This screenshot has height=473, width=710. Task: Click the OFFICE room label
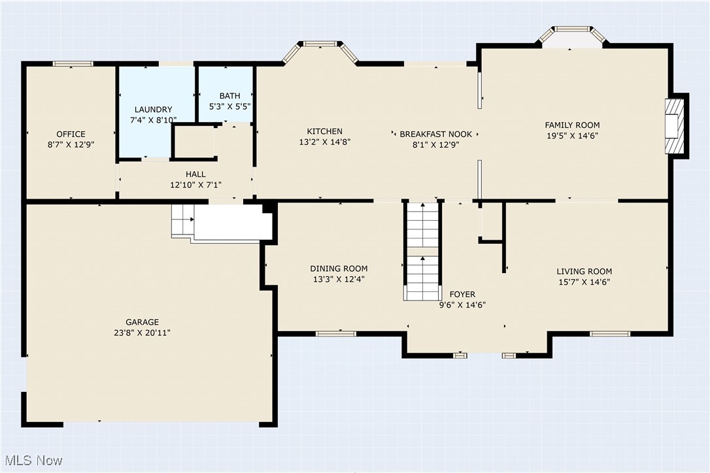pyautogui.click(x=71, y=135)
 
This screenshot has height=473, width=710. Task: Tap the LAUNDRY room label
pyautogui.click(x=154, y=110)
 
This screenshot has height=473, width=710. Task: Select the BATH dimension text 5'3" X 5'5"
pyautogui.click(x=230, y=106)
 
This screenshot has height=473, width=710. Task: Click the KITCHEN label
pyautogui.click(x=325, y=132)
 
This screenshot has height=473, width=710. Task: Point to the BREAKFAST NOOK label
pyautogui.click(x=435, y=135)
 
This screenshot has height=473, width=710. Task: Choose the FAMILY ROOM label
pyautogui.click(x=572, y=125)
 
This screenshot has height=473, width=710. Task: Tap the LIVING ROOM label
pyautogui.click(x=584, y=272)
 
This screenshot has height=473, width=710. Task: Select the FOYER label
pyautogui.click(x=462, y=295)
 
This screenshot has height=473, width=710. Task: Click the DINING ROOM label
pyautogui.click(x=339, y=269)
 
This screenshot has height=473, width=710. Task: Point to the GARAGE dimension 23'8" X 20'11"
pyautogui.click(x=143, y=333)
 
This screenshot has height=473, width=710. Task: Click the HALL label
pyautogui.click(x=195, y=174)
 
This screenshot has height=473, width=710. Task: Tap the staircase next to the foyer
pyautogui.click(x=422, y=252)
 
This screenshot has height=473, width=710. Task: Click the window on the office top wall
pyautogui.click(x=73, y=64)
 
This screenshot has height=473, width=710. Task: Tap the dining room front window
pyautogui.click(x=335, y=334)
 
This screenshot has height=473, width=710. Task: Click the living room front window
pyautogui.click(x=609, y=334)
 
